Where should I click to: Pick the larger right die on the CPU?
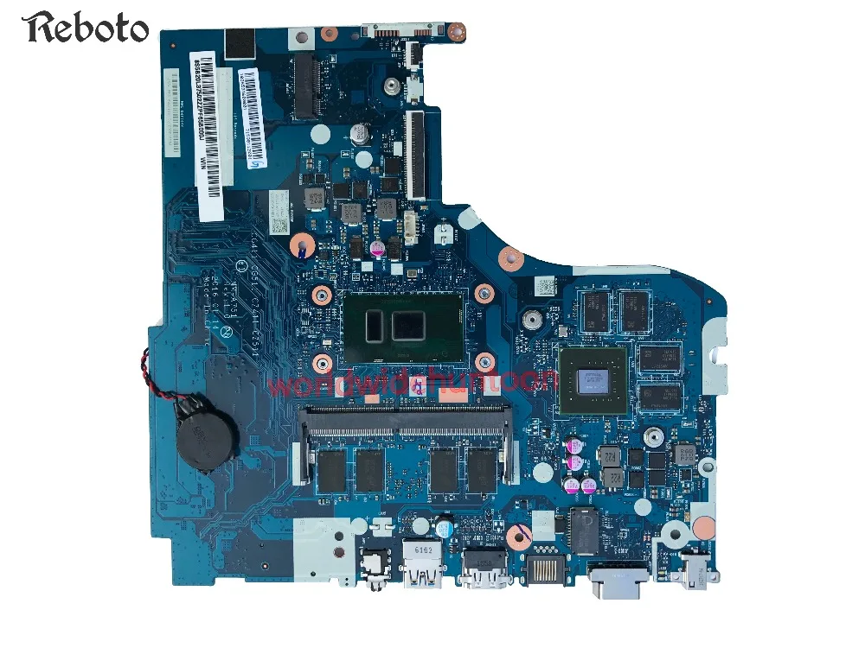pyautogui.click(x=407, y=326)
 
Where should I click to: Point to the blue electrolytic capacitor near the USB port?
pyautogui.click(x=444, y=526)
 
